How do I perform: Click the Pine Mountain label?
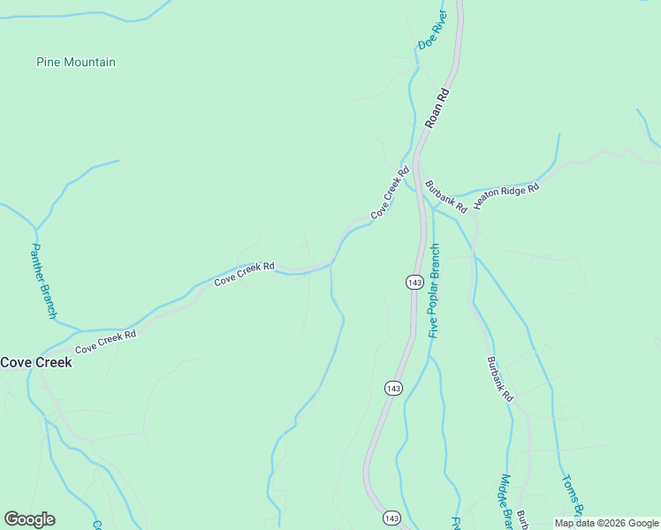click(76, 62)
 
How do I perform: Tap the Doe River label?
click(433, 29)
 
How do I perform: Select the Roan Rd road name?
click(437, 108)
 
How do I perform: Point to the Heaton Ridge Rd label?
click(506, 195)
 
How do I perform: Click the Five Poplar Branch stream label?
click(434, 290)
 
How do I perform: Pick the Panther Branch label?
click(44, 281)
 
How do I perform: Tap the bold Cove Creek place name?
click(36, 362)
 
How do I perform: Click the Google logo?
click(29, 519)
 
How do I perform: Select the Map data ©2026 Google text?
click(607, 523)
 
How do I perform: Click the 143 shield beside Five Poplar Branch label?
click(414, 282)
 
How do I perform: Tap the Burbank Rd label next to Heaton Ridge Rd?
click(446, 197)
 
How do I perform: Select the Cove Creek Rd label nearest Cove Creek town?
click(106, 342)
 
